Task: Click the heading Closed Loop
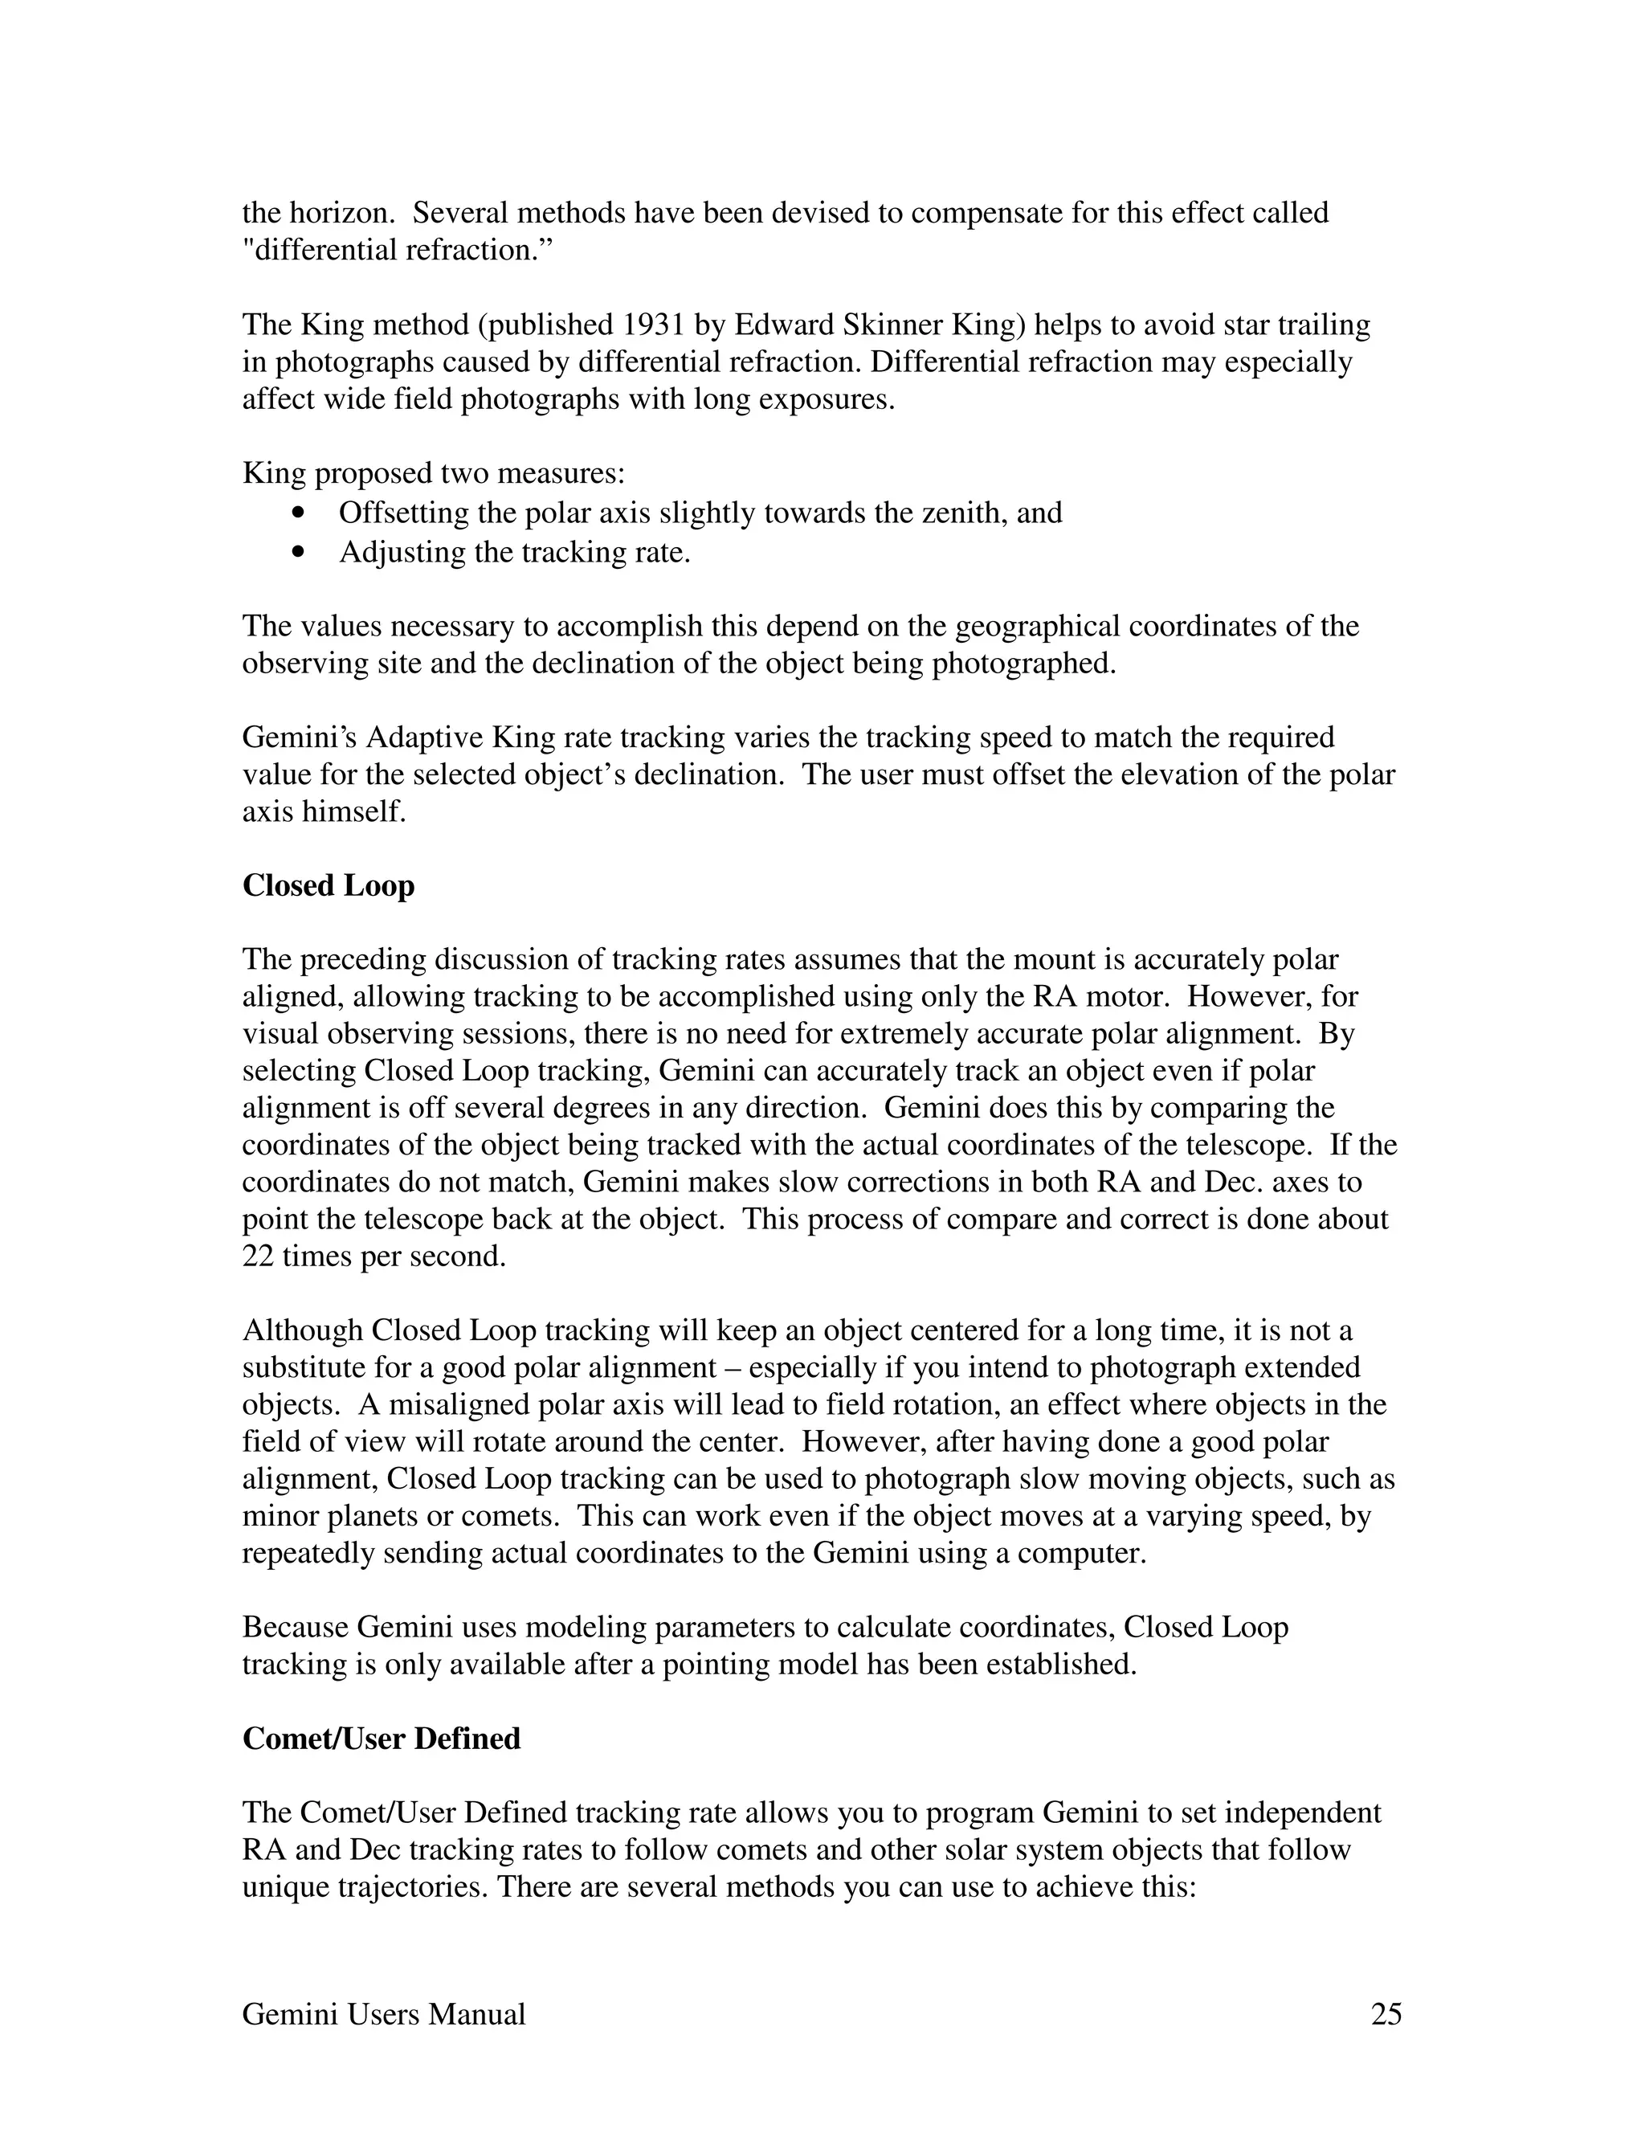[x=329, y=886]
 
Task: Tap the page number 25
[x=1386, y=2014]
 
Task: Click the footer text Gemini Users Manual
[x=384, y=2014]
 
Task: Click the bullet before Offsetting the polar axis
[x=298, y=513]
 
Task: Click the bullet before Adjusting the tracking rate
[x=298, y=553]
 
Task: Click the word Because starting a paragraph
[x=296, y=1628]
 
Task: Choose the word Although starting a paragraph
[x=301, y=1331]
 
